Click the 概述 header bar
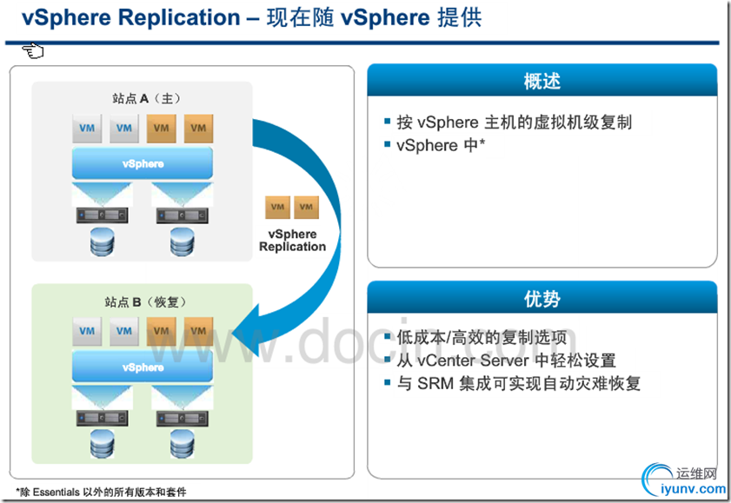click(x=542, y=82)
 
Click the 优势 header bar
click(x=542, y=300)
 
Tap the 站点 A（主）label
click(x=143, y=97)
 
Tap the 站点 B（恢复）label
click(x=141, y=302)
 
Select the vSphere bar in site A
click(x=143, y=163)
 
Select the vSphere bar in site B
click(x=143, y=367)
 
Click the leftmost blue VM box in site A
click(x=87, y=128)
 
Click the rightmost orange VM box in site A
click(x=198, y=128)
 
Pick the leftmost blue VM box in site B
click(x=87, y=330)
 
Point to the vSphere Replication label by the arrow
click(x=292, y=241)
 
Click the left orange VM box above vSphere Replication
click(x=277, y=207)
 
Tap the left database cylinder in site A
click(x=103, y=242)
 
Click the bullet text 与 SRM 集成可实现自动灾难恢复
click(x=518, y=383)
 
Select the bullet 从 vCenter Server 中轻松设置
click(x=506, y=361)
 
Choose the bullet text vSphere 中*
click(x=440, y=146)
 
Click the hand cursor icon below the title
click(x=34, y=51)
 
